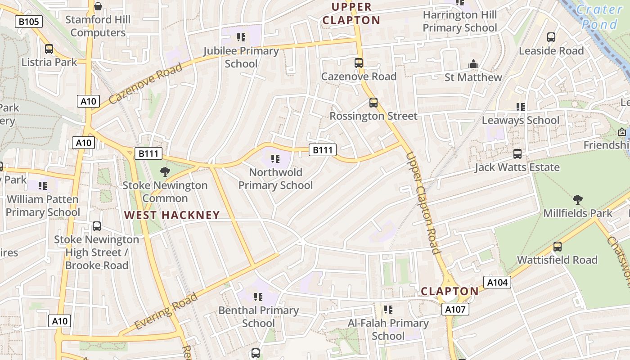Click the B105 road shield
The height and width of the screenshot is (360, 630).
[29, 21]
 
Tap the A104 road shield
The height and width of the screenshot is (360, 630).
[497, 282]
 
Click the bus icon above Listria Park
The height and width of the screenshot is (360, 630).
[49, 49]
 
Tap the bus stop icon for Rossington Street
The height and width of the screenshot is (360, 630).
[373, 103]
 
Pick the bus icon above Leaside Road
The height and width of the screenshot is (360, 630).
[551, 37]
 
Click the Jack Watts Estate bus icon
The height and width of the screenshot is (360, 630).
[517, 154]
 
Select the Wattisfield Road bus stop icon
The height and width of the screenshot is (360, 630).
[557, 247]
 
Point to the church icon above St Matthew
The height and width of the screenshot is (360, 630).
[473, 64]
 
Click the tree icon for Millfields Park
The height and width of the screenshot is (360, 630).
[578, 199]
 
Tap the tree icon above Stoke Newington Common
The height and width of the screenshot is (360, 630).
[165, 171]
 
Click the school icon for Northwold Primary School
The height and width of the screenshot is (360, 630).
[275, 158]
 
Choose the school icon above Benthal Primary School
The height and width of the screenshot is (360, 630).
[258, 297]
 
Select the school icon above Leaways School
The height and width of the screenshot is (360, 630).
[520, 107]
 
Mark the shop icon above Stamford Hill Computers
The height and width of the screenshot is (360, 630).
[98, 6]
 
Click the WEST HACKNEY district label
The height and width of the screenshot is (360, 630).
[172, 215]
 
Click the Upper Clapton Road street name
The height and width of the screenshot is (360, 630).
[423, 203]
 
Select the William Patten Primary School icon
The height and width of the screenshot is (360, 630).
[43, 185]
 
